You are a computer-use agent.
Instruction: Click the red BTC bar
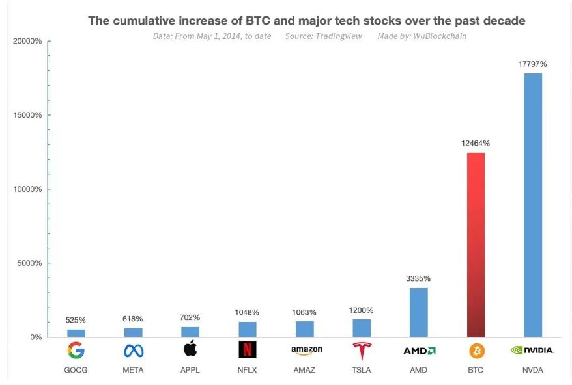[476, 245]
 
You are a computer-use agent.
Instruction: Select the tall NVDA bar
[533, 205]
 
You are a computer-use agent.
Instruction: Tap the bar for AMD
[418, 312]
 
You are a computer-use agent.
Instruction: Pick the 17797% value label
[533, 64]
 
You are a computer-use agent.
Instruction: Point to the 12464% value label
[476, 143]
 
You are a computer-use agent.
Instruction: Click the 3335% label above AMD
[418, 278]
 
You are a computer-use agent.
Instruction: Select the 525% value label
[76, 320]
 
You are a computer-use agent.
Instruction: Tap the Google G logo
[76, 351]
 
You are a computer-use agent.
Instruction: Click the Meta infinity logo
[133, 351]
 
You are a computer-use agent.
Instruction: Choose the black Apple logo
[190, 349]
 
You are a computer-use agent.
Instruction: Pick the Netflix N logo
[248, 350]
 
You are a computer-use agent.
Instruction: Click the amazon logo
[304, 351]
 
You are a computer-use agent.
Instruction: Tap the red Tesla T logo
[362, 351]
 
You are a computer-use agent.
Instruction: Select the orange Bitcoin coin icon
[476, 351]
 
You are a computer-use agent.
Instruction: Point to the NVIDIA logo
[532, 351]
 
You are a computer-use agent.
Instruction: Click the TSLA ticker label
[362, 370]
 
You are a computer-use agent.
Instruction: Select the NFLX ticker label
[248, 370]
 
